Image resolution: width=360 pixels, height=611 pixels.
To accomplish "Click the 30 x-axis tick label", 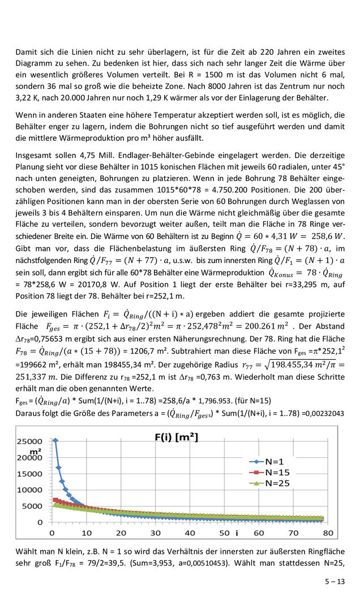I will point(155,533).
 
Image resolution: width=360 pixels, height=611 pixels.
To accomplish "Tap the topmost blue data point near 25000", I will point(55,440).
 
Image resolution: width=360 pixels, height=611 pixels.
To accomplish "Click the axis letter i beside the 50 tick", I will point(237,533).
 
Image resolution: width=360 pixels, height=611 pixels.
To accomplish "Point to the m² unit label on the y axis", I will point(35,451).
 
